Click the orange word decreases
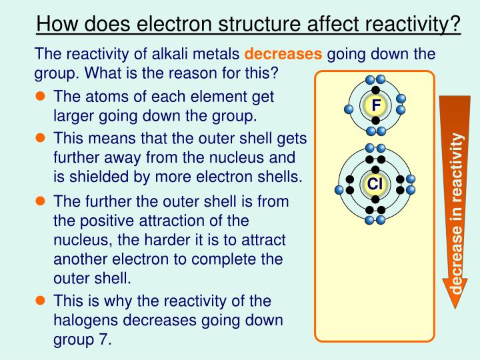coord(285,53)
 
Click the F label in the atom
coord(376,106)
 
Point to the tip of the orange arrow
coord(457,307)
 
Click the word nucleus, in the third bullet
coord(81,239)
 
